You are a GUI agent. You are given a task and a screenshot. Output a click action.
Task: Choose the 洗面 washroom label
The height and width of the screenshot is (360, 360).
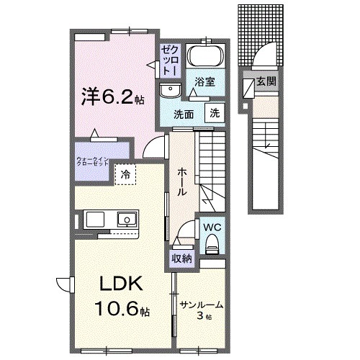point(184,114)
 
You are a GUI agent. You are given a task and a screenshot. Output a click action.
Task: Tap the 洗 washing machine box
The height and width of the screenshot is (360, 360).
point(215,112)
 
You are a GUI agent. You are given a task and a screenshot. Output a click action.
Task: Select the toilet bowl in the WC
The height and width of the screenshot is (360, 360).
point(212,248)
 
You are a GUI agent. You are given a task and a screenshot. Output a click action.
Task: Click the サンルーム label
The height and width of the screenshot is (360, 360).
point(201,305)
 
